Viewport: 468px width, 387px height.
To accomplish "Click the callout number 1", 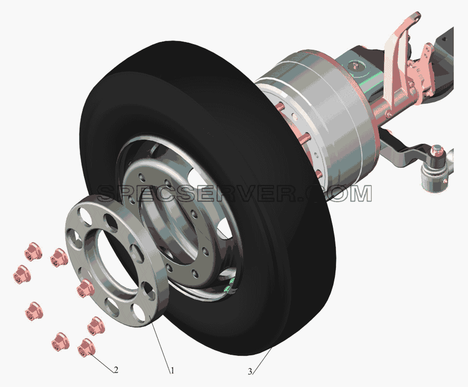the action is [172, 371].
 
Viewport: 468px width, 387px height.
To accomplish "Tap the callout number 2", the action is [116, 370].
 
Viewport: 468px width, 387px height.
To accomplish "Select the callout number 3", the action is [250, 371].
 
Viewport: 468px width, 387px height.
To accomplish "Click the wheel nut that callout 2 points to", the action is [86, 348].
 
